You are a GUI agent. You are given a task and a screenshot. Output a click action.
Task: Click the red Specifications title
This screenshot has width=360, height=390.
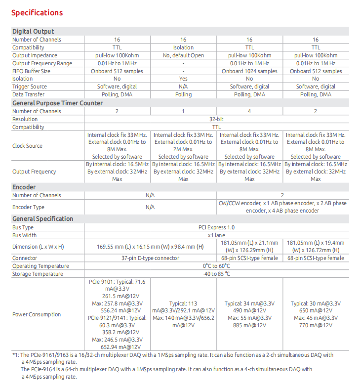[37, 12]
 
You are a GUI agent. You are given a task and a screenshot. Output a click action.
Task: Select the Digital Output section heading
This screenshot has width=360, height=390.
[33, 32]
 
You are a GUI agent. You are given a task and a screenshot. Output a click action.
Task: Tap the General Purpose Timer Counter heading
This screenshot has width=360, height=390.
[57, 103]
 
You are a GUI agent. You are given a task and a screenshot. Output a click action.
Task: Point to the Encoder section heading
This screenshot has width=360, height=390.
[24, 187]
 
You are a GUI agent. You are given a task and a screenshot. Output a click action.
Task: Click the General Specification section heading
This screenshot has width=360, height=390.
[42, 218]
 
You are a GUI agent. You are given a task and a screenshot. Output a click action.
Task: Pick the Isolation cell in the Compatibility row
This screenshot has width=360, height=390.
[183, 47]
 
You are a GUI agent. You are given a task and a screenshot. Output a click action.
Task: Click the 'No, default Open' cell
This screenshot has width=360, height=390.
[183, 55]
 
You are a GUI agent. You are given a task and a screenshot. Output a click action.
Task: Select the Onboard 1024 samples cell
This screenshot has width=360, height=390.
[249, 71]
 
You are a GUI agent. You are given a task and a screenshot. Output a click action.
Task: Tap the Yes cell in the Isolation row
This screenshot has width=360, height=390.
[183, 79]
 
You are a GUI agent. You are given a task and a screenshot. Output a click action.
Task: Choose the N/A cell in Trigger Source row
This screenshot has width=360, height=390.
[183, 87]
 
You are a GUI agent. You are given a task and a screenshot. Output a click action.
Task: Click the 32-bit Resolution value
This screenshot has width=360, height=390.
[216, 119]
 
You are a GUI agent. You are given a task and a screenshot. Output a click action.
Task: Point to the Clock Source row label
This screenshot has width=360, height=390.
[27, 146]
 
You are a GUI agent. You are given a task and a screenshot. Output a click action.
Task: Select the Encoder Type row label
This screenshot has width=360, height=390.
[28, 207]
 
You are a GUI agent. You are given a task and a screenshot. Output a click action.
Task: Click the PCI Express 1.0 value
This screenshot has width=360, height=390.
[216, 227]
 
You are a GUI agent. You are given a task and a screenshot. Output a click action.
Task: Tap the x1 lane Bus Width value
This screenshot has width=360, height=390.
[216, 235]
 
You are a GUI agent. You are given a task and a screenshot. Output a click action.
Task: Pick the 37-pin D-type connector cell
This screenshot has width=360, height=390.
[150, 258]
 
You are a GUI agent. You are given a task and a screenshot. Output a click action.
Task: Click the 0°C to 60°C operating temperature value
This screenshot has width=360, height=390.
[216, 266]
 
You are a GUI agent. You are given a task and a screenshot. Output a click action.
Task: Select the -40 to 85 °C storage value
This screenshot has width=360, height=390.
[216, 274]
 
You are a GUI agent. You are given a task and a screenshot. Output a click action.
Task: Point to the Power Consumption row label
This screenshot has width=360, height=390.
[37, 314]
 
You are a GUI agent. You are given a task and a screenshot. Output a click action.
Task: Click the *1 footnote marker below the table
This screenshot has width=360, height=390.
[15, 355]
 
